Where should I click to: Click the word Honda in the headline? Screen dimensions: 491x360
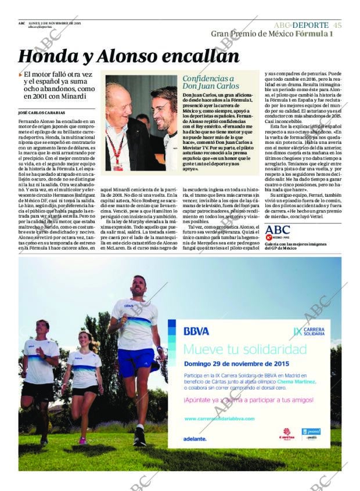(47, 56)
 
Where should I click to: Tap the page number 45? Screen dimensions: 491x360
(337, 25)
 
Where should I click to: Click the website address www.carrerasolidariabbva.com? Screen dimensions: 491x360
(219, 418)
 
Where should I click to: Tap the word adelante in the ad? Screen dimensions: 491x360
(195, 439)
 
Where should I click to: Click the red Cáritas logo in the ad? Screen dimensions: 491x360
(286, 434)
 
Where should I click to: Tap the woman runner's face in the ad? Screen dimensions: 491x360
(85, 339)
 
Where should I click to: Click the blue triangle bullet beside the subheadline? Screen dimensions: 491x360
(20, 75)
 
